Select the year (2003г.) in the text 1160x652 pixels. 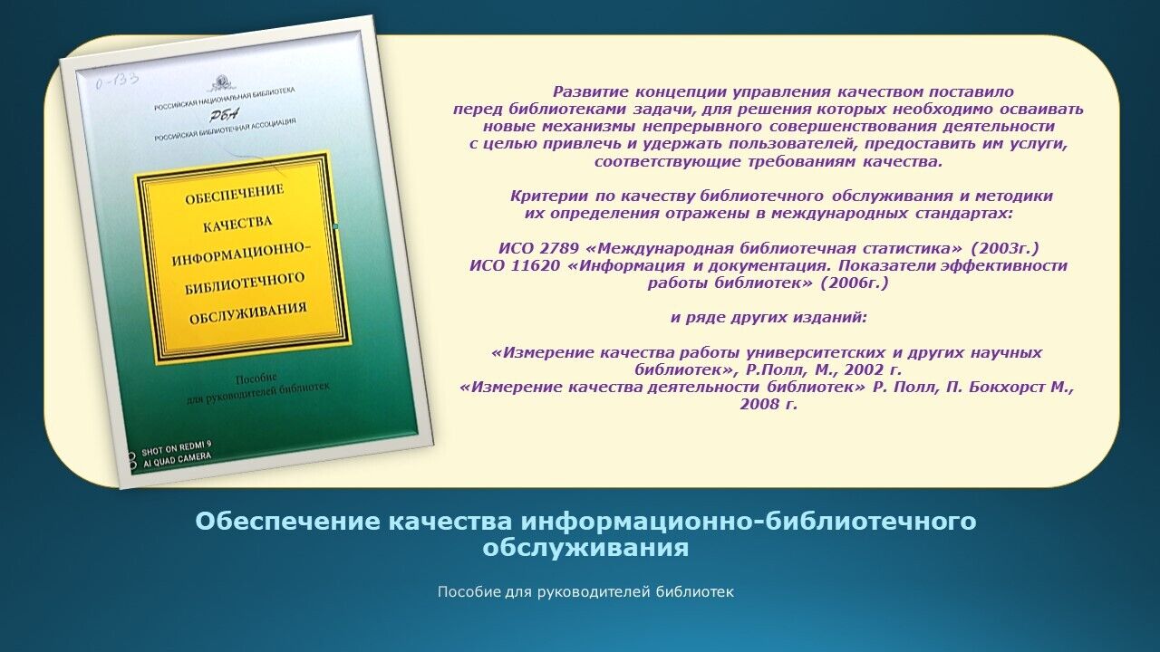click(1005, 248)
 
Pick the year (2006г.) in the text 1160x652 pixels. click(855, 283)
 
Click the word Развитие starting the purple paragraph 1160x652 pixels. click(590, 92)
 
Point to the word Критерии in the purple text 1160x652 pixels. click(549, 197)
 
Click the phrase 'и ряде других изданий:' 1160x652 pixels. click(768, 318)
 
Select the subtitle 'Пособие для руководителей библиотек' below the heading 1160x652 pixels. click(585, 592)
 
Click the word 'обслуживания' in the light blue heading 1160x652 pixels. click(585, 548)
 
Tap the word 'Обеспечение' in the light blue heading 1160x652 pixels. click(288, 521)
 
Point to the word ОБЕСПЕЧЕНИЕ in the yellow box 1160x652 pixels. click(234, 194)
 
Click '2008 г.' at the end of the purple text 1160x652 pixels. click(768, 405)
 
